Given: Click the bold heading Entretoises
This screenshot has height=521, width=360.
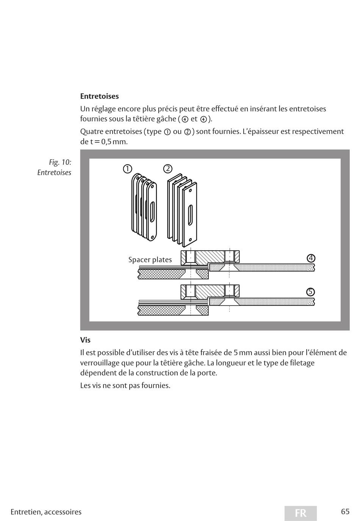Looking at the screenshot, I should tap(99, 96).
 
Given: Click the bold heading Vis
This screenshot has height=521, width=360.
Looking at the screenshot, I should tap(85, 340).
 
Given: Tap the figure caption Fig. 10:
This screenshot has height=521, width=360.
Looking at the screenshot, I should tap(60, 162).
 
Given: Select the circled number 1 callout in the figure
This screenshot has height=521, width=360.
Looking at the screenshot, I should tap(127, 169).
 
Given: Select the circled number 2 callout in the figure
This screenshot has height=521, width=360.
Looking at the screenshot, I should tap(167, 168).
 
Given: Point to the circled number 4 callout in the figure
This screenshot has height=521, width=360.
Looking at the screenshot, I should tap(311, 258).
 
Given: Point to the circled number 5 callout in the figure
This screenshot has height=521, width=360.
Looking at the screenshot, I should tap(310, 292).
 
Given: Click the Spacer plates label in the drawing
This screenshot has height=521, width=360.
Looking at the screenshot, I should tap(150, 260).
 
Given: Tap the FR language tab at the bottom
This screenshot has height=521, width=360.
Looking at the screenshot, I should tap(301, 513).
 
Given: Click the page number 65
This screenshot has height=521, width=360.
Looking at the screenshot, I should tap(345, 512).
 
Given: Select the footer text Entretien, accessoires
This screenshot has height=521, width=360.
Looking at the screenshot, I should tap(46, 512).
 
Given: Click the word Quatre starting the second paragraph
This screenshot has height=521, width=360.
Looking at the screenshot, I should tap(91, 131).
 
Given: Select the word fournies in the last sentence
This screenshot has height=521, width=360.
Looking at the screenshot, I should tap(155, 385).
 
